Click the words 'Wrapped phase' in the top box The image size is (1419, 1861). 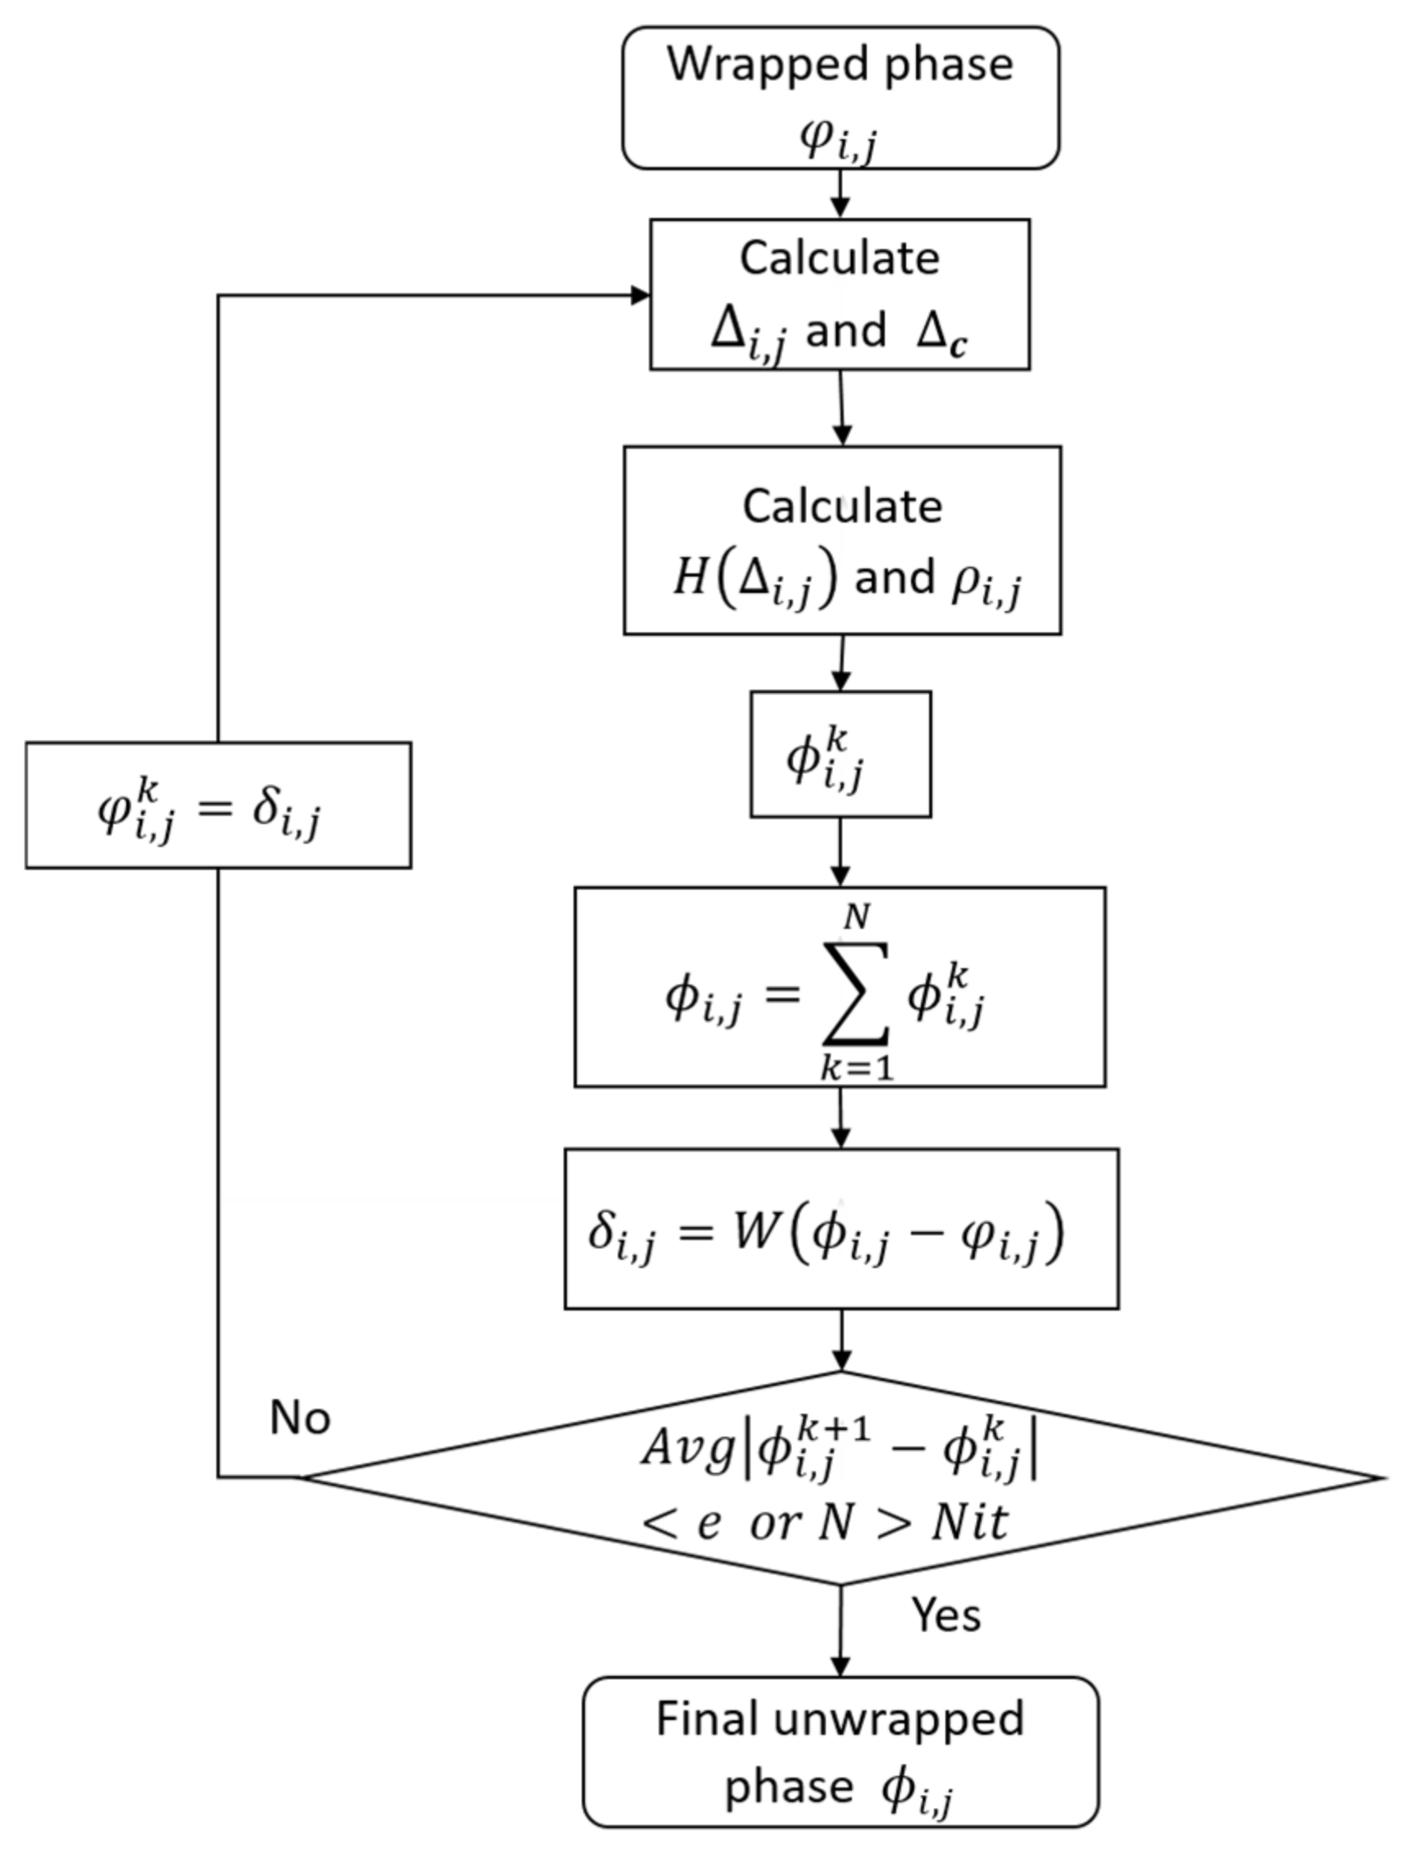tap(840, 64)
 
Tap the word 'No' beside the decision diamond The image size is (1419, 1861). tap(300, 1416)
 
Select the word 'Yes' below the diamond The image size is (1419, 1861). tap(946, 1614)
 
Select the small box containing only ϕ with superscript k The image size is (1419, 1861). tap(841, 754)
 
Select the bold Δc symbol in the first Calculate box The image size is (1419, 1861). tap(943, 333)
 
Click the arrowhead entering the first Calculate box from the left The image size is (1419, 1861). tap(641, 295)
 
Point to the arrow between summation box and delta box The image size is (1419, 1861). tap(841, 1117)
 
